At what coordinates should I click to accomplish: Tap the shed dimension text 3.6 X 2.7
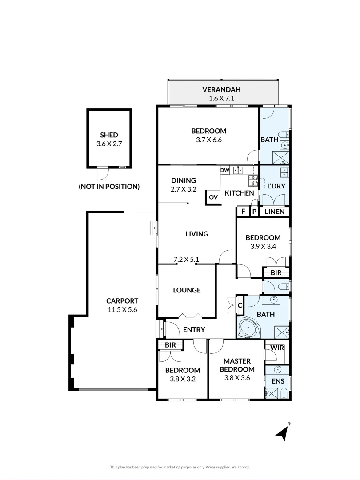pos(109,144)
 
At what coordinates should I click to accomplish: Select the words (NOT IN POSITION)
pos(109,187)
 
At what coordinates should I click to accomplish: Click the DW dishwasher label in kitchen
pos(224,170)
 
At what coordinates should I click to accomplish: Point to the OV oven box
pos(213,197)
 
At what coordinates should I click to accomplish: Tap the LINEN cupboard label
pos(275,212)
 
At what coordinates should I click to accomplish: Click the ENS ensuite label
pos(278,381)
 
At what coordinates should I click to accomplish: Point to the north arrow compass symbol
pos(282,432)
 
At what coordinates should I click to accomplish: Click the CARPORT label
pos(122,300)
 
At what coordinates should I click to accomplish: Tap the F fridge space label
pos(243,212)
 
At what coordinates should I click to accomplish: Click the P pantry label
pos(255,212)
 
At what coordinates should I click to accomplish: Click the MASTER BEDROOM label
pos(239,365)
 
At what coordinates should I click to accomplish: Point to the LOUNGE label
pos(187,290)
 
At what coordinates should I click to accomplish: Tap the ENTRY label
pos(194,329)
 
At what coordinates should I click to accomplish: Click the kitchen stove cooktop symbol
pos(253,180)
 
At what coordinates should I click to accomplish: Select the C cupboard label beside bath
pos(240,305)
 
